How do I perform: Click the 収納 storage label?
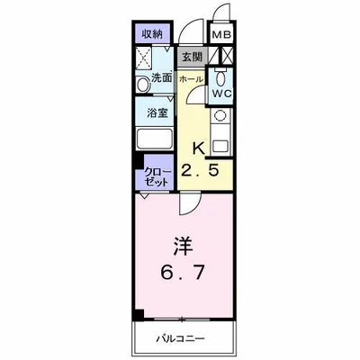tap(152, 34)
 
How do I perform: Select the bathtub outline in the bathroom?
tap(156, 141)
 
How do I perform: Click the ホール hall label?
tap(190, 78)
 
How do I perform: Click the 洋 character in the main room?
tap(181, 243)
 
